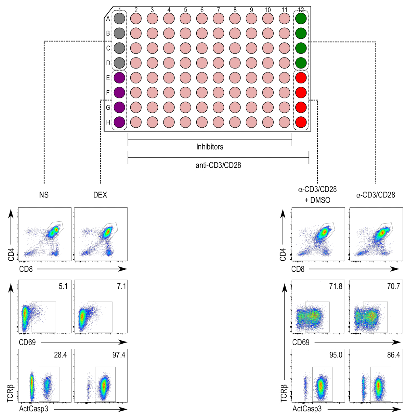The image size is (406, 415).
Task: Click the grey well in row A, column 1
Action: tap(119, 19)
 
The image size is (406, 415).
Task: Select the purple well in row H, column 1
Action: tap(119, 122)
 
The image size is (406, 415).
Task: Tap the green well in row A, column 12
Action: tap(301, 19)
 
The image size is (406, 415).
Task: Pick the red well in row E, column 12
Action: tap(301, 78)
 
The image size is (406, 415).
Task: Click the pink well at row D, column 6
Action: tap(202, 63)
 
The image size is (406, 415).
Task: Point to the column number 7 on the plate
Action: tap(219, 10)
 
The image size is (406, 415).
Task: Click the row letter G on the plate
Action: tap(108, 108)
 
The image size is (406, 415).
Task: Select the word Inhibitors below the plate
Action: tap(210, 147)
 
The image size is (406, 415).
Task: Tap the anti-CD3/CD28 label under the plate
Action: tap(218, 166)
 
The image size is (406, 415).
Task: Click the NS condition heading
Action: tap(44, 195)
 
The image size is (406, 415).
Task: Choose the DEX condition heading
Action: tap(100, 195)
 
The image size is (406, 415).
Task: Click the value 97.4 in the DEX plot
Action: tap(119, 355)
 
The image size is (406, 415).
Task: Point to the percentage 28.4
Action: tap(61, 355)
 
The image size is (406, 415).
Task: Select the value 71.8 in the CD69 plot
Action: tap(335, 286)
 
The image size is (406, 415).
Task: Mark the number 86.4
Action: tap(393, 355)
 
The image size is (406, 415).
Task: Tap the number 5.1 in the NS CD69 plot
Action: tap(63, 286)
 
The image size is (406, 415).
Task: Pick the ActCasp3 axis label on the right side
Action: tap(307, 409)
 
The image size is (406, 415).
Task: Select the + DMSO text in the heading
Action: tap(317, 200)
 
